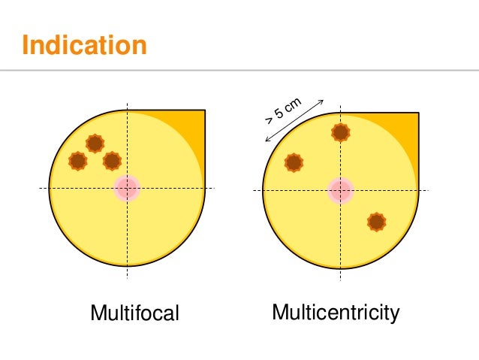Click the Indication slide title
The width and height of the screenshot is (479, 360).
coord(84,44)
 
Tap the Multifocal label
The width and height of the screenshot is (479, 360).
coord(134,313)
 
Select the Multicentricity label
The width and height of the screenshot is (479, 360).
coord(336,312)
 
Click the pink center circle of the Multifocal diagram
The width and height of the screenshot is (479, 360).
coord(127,188)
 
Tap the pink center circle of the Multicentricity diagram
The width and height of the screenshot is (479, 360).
coord(341,190)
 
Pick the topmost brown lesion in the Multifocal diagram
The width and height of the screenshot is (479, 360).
coord(95,143)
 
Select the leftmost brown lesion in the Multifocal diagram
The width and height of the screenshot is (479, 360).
coord(77,160)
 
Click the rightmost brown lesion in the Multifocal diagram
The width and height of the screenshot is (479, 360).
coord(112,160)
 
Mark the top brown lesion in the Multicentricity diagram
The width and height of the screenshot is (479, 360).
coord(341,132)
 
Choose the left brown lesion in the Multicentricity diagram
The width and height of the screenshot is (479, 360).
coord(294,162)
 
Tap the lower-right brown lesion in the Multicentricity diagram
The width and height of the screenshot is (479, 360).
coord(376,222)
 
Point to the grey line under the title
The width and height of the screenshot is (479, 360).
coord(239,70)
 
